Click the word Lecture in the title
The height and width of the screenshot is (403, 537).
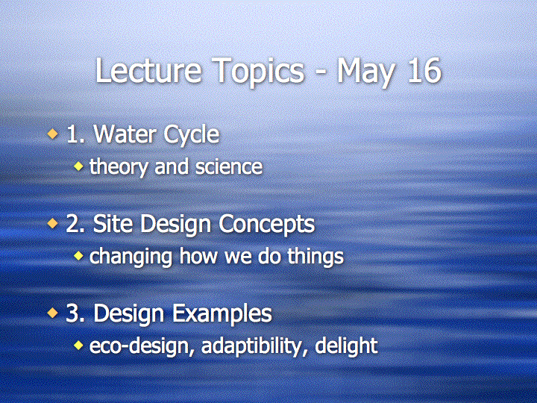point(148,71)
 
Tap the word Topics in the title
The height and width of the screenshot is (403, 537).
point(258,72)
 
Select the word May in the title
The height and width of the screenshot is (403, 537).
point(365,72)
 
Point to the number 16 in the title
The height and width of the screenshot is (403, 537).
point(424,71)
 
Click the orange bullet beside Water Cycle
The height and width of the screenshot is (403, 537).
point(53,134)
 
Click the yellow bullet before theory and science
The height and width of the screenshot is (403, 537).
point(78,166)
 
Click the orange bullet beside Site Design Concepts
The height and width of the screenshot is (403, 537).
point(53,223)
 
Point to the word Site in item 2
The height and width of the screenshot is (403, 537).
point(113,223)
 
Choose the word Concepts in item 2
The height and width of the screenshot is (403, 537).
point(266,225)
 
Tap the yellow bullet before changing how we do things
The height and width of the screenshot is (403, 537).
point(78,256)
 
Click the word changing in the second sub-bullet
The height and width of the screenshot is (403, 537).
point(131,257)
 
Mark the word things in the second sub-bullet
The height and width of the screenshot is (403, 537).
point(315,257)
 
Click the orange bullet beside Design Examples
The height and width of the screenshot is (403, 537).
point(53,313)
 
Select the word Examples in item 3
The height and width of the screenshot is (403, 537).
point(222,314)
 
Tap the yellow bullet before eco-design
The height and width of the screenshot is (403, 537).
point(78,345)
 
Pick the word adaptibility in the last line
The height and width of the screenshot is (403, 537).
point(255,346)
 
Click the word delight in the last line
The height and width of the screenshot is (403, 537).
point(347,346)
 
